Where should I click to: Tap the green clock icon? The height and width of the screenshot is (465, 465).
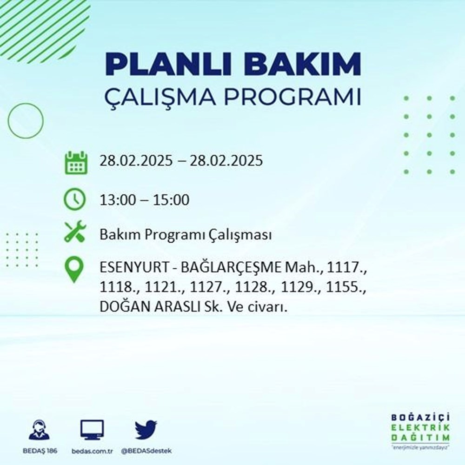tap(75, 200)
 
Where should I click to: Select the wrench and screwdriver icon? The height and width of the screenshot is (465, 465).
tap(74, 231)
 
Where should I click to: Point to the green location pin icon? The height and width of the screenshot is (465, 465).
tap(74, 270)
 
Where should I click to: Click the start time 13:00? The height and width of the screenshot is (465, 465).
tap(116, 200)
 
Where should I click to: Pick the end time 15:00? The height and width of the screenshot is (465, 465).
tap(173, 200)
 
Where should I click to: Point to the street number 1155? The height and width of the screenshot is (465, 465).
tap(350, 288)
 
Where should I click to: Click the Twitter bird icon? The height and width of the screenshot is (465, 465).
tap(146, 430)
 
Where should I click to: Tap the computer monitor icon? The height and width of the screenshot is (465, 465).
tap(92, 430)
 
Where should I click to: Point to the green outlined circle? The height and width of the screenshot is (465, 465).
tap(26, 120)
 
